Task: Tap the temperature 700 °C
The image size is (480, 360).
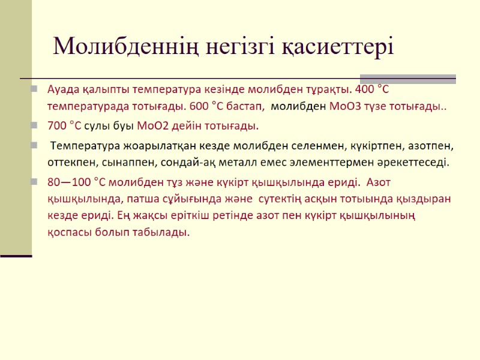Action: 64,126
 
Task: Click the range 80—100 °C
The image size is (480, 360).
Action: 76,182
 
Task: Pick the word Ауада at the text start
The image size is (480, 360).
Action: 63,89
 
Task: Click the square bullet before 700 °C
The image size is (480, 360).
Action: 35,127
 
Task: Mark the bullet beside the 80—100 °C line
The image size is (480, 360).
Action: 35,182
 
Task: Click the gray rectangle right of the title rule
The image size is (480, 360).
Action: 407,79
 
